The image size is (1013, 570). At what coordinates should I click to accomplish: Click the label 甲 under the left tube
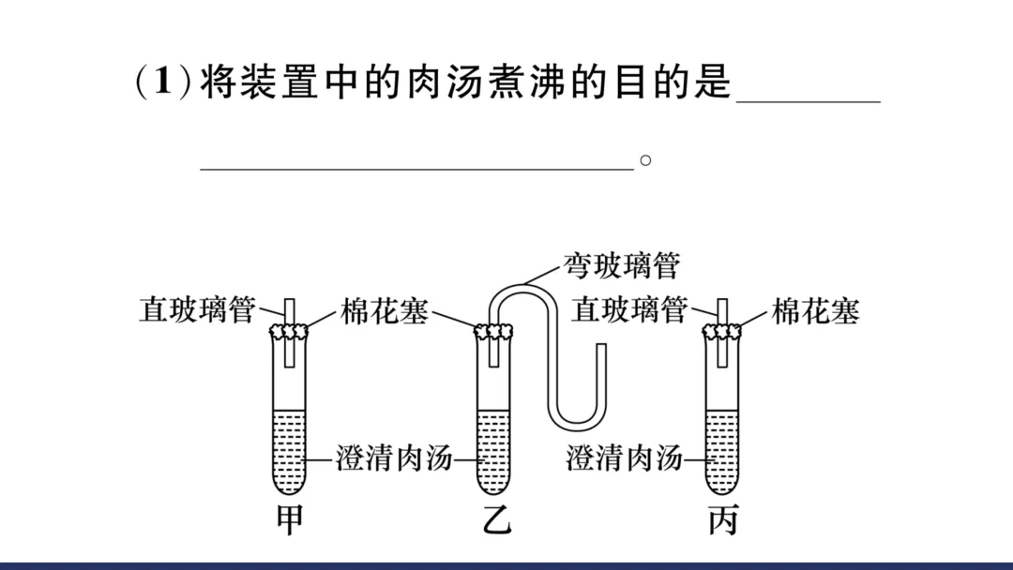[x=290, y=518]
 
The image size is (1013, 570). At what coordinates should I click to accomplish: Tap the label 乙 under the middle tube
[x=496, y=518]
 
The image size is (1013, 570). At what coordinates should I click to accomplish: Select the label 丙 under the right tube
[x=722, y=518]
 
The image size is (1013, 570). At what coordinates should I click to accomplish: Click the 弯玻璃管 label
[x=620, y=265]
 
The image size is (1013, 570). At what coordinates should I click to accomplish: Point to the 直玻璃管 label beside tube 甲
[x=197, y=310]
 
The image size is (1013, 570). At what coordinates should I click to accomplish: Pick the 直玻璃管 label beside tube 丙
[x=629, y=310]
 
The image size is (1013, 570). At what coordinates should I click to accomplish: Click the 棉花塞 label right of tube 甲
[x=384, y=311]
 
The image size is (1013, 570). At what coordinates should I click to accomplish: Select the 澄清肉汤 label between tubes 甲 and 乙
[x=394, y=459]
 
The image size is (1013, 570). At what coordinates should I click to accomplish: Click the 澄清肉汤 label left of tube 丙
[x=624, y=459]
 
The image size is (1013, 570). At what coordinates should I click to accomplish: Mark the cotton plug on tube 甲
[x=290, y=331]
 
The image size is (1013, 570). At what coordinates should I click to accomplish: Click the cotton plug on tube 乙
[x=495, y=332]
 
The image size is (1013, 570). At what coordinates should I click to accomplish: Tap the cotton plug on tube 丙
[x=722, y=331]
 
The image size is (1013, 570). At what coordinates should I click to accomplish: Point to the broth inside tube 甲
[x=290, y=450]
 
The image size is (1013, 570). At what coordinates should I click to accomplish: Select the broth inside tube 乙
[x=495, y=450]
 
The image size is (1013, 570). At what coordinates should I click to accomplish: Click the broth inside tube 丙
[x=722, y=450]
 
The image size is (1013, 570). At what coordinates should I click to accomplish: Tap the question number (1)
[x=163, y=82]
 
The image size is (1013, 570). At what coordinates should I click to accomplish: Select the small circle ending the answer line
[x=645, y=160]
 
